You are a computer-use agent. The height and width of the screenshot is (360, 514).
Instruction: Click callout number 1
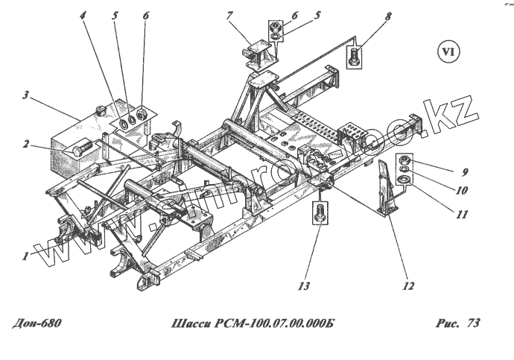coord(26,256)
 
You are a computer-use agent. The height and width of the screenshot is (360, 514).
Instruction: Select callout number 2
coord(26,145)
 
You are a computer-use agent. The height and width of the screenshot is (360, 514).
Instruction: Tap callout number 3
coord(25,95)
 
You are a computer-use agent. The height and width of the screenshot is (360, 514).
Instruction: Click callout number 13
coord(303,285)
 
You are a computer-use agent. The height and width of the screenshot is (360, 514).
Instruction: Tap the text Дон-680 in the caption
coord(37,324)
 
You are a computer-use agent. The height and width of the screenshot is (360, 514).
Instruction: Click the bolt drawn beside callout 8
coord(355,56)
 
